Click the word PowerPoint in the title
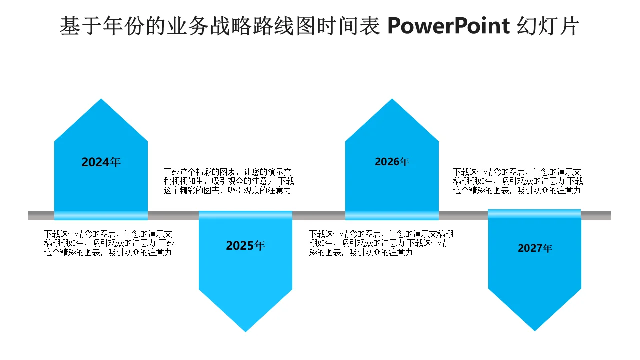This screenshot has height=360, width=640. pyautogui.click(x=449, y=26)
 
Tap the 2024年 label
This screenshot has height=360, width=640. pyautogui.click(x=101, y=162)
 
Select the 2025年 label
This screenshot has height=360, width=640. pyautogui.click(x=245, y=245)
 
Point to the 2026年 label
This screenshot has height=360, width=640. pyautogui.click(x=392, y=162)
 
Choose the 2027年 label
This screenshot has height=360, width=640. pyautogui.click(x=535, y=248)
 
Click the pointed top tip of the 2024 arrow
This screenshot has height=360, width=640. pyautogui.click(x=101, y=99)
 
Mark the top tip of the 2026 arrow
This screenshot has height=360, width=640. pyautogui.click(x=392, y=99)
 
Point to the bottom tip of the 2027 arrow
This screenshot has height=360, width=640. pyautogui.click(x=535, y=331)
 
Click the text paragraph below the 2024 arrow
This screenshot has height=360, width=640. pyautogui.click(x=109, y=243)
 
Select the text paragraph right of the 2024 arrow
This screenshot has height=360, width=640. pyautogui.click(x=229, y=181)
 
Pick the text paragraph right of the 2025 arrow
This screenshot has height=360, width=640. pyautogui.click(x=381, y=243)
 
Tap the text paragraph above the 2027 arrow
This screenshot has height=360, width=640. pyautogui.click(x=518, y=181)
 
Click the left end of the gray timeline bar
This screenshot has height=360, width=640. pyautogui.click(x=28, y=215)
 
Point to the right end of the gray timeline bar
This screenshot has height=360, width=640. pyautogui.click(x=611, y=215)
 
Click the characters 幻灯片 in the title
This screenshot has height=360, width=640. pyautogui.click(x=548, y=26)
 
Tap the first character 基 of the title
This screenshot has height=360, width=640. pyautogui.click(x=70, y=26)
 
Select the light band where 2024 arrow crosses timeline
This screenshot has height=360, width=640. pyautogui.click(x=101, y=215)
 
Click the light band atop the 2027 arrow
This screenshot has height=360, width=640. pyautogui.click(x=534, y=214)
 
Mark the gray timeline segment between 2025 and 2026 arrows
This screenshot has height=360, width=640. pyautogui.click(x=319, y=215)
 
